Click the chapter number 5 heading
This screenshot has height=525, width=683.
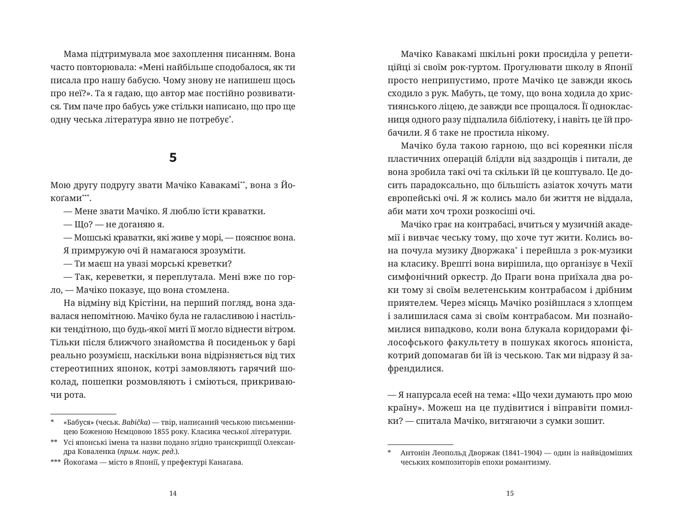point(173,158)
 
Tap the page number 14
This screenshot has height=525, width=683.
point(173,493)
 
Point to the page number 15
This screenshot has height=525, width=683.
point(510,493)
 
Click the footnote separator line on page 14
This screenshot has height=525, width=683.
point(83,414)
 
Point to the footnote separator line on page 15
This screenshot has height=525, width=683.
point(420,444)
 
